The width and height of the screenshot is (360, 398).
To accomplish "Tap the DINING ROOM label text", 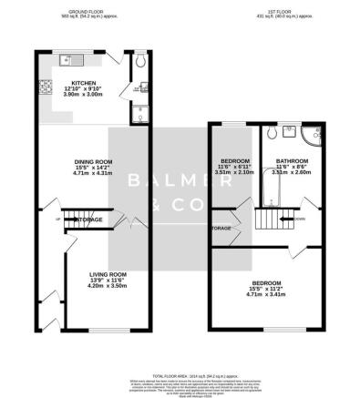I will click(91, 162).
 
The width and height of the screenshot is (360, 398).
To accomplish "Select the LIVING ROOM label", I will click(107, 273).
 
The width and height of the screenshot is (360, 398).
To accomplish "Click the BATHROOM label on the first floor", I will click(293, 162).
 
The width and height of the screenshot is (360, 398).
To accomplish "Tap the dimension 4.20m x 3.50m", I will click(107, 286).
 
